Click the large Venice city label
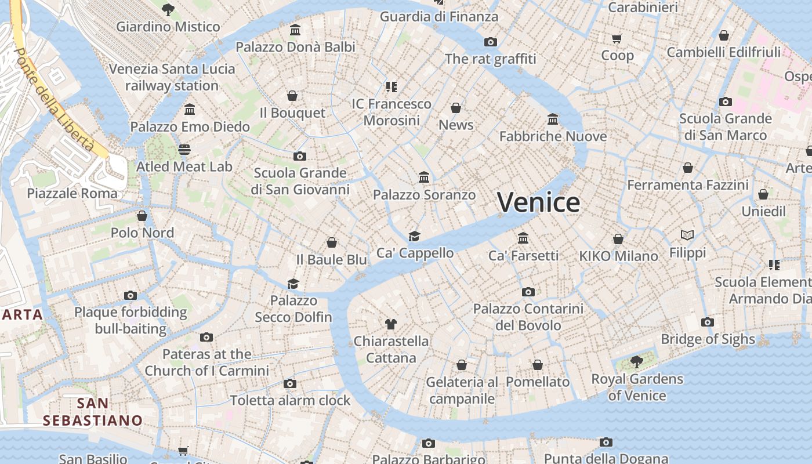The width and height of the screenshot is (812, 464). [x=538, y=202]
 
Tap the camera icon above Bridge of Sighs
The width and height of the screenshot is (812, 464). [x=707, y=322]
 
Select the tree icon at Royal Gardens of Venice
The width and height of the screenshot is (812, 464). [x=636, y=362]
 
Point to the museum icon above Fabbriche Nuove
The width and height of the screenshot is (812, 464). [x=553, y=119]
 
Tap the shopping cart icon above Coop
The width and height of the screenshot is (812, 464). [x=617, y=38]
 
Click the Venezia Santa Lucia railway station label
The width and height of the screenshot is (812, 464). [x=172, y=77]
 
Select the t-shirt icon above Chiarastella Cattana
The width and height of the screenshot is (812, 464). [x=390, y=324]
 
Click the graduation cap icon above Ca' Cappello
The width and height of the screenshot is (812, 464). [x=414, y=236]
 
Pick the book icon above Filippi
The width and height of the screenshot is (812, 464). [x=687, y=235]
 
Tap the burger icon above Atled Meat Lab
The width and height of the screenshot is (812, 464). [x=184, y=150]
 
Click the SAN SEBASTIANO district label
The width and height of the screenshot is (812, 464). [x=93, y=411]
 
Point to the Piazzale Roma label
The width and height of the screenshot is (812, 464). [x=72, y=193]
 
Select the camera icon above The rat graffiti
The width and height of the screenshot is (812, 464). [x=491, y=42]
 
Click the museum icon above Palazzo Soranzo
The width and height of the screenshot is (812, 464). [x=424, y=177]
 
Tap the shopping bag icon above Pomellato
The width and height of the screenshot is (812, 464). [x=538, y=365]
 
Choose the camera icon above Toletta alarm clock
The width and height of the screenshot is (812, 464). [x=290, y=383]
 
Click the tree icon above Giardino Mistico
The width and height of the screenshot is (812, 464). [x=168, y=9]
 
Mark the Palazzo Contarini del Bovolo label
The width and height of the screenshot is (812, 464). [x=528, y=317]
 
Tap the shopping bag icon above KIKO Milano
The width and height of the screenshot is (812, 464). [x=618, y=239]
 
